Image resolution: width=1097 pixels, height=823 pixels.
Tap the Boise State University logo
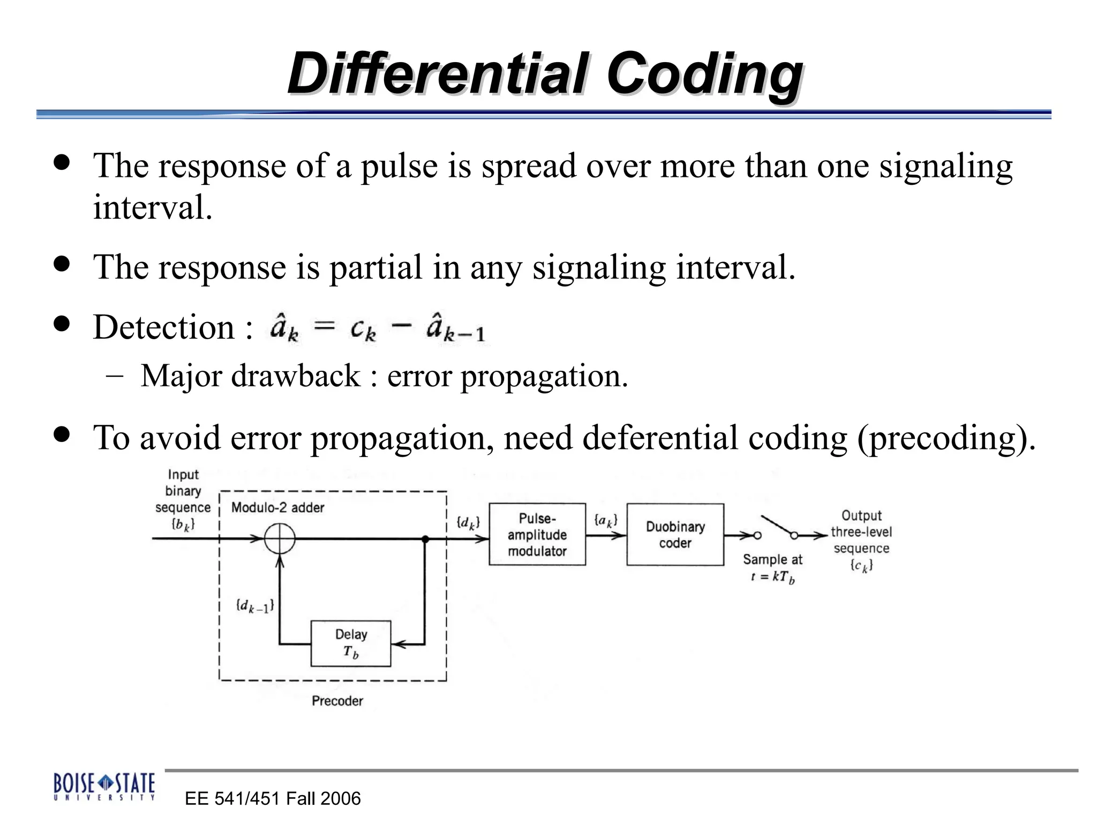(104, 787)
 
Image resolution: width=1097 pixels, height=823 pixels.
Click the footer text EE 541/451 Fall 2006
(272, 798)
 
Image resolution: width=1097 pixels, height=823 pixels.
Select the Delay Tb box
(351, 644)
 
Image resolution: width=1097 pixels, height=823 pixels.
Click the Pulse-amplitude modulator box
(537, 534)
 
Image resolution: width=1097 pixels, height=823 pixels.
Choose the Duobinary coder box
(675, 534)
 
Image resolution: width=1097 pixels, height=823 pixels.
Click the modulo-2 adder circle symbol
(280, 538)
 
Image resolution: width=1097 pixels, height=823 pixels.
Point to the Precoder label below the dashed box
(337, 701)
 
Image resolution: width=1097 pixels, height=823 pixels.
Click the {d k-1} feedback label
(255, 606)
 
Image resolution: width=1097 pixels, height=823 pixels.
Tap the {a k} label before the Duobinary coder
(606, 520)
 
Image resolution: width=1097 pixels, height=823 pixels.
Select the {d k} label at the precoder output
(468, 522)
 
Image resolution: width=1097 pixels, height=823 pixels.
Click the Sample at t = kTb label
(772, 568)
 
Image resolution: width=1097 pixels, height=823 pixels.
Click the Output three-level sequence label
(861, 540)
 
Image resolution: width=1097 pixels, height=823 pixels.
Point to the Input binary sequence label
(183, 499)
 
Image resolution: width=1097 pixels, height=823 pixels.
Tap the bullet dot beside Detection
(62, 324)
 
